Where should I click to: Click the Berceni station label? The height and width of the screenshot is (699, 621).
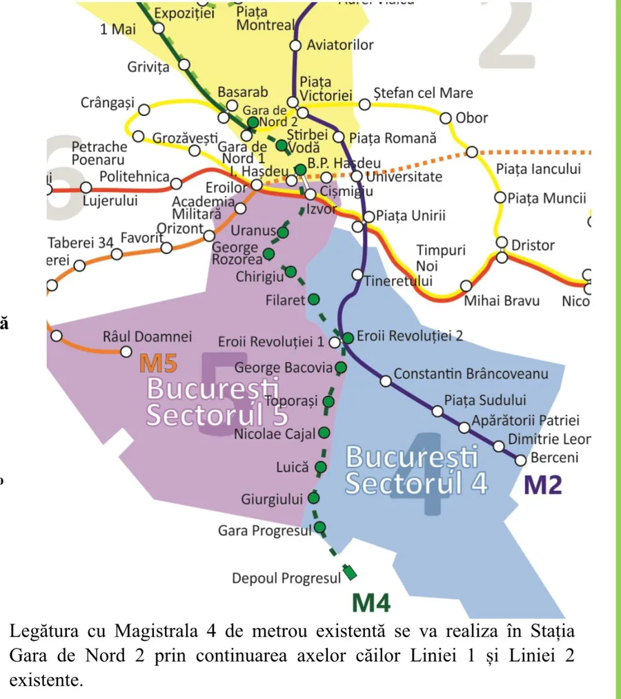coord(554,458)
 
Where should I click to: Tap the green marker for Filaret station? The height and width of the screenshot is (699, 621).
coord(313,300)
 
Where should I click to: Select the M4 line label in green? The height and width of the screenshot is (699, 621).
coord(371,603)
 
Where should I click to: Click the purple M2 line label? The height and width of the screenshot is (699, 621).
coord(543,484)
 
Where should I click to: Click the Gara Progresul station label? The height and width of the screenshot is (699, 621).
coord(264,530)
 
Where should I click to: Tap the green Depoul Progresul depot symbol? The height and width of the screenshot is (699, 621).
coord(351,572)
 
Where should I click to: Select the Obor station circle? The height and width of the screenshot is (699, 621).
coord(446,118)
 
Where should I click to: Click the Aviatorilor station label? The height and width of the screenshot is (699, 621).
coord(339,45)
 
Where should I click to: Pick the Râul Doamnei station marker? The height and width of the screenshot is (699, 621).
coord(126,352)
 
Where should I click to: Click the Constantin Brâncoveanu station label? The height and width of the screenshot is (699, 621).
coord(471,374)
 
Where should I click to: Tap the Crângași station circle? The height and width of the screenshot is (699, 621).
coord(144,110)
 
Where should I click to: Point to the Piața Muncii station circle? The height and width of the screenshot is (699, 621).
coord(501,198)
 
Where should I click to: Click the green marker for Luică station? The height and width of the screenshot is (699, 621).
coord(320,467)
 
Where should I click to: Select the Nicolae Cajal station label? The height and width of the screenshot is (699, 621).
coord(274,434)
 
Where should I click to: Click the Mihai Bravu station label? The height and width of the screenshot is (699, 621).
coord(501,300)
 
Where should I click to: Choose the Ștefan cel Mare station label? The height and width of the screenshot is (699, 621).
coord(423,93)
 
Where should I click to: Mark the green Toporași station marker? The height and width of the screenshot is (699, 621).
coord(328,401)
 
